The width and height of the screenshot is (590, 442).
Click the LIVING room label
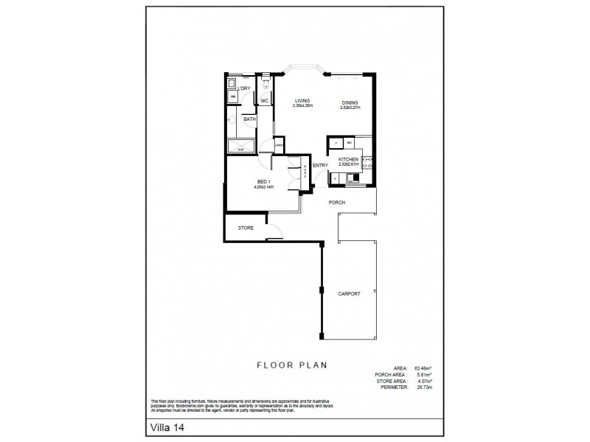[x=302, y=101]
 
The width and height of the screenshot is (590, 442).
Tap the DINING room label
[x=350, y=102]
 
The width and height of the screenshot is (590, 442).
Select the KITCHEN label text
[x=348, y=159]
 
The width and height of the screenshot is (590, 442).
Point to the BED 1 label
[x=263, y=181]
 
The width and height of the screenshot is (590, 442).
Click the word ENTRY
[x=320, y=165]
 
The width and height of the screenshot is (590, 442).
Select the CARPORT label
[x=350, y=293]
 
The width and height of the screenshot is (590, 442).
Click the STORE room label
[x=246, y=228]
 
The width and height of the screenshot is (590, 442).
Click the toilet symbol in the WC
[x=264, y=84]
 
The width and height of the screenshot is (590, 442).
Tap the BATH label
[x=249, y=119]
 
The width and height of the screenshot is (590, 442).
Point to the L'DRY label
[x=244, y=89]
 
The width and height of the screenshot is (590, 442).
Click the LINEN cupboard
[x=280, y=146]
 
